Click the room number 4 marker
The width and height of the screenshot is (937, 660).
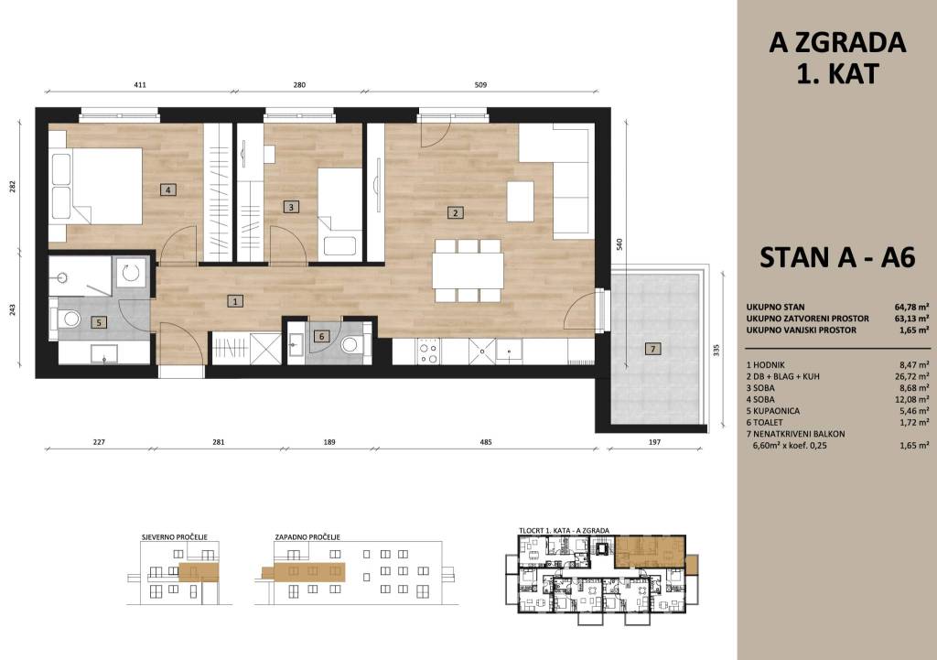tap(168, 190)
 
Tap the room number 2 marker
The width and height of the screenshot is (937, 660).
tap(456, 212)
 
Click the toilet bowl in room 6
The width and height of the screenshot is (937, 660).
tap(351, 345)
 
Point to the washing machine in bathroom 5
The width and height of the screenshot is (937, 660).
tap(130, 273)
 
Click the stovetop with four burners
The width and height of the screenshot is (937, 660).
tap(428, 351)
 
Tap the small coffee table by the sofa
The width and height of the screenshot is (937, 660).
tap(521, 201)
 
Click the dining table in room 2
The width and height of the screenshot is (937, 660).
tap(468, 271)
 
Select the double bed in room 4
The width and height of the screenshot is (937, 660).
tap(97, 187)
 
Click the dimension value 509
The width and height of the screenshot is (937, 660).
tap(480, 85)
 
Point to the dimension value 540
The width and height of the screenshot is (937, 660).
tap(619, 243)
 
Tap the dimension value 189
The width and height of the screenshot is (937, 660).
tap(329, 442)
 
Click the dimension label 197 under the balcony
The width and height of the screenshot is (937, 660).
tap(655, 442)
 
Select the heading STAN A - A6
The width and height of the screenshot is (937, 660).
tap(837, 257)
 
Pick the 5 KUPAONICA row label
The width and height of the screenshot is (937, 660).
tap(772, 411)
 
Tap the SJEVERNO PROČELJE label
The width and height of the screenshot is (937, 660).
tap(175, 536)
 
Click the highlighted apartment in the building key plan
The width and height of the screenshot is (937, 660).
tap(650, 551)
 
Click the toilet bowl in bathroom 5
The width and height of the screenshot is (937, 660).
tap(70, 319)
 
